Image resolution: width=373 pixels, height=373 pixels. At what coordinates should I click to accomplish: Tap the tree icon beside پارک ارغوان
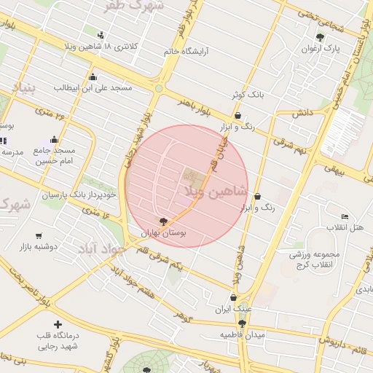319,36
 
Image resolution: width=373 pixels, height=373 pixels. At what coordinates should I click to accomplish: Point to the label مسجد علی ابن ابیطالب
93,87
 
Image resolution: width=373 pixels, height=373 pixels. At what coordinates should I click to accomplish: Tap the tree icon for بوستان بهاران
163,221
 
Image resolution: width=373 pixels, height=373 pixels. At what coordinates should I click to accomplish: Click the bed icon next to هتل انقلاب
345,217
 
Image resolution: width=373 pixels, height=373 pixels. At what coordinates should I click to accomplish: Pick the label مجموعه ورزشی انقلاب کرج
315,259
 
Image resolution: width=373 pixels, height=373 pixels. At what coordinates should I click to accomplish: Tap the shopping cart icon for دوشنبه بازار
38,235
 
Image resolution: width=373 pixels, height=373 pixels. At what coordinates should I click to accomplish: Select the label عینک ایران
232,309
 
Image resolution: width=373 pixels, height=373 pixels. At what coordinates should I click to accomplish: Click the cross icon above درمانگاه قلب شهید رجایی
58,324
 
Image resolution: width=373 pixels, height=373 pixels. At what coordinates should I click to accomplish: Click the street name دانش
302,114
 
